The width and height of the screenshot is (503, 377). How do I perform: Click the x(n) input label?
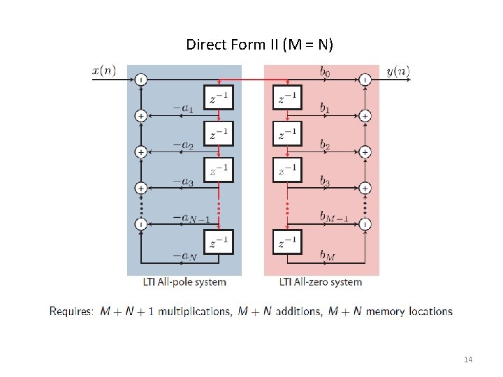[104, 71]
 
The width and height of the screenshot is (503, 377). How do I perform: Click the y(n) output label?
[398, 71]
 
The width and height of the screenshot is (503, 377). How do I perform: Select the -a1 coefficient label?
[183, 108]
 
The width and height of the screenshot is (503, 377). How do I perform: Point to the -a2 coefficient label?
[183, 145]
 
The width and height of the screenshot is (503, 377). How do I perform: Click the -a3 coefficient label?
[183, 182]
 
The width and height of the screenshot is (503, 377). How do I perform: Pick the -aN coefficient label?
[184, 256]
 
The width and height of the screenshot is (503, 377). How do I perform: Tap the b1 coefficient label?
[326, 108]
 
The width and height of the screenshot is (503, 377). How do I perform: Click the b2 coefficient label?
[326, 145]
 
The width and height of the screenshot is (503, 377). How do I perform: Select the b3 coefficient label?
[326, 182]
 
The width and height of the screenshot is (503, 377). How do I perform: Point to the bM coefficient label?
[327, 256]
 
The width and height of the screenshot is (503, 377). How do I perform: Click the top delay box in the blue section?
[219, 97]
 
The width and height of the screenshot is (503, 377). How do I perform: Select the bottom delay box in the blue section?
[219, 243]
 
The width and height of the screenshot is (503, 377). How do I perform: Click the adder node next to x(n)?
[140, 79]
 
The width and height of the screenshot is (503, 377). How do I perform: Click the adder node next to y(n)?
[365, 79]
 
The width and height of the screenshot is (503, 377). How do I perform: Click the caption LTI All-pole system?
[184, 282]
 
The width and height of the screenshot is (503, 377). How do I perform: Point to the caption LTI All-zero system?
[321, 282]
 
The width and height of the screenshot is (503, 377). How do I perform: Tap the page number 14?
[468, 360]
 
